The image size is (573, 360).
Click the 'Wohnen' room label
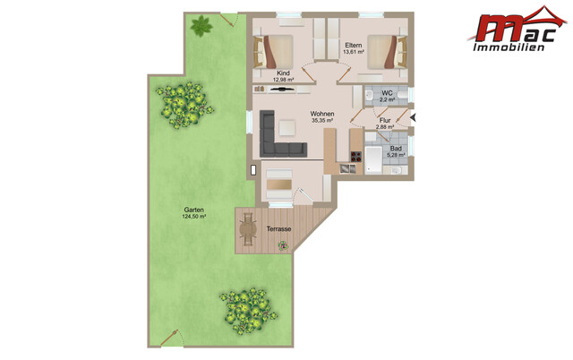click(322, 114)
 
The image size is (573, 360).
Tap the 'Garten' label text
click(193, 210)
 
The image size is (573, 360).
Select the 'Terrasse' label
click(278, 230)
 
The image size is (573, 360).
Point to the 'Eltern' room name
click(353, 45)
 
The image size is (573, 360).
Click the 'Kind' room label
click(284, 73)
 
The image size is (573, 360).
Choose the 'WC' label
click(387, 93)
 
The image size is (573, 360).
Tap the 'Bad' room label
click(395, 148)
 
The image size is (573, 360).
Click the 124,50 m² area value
click(193, 217)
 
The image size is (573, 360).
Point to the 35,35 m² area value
click(322, 121)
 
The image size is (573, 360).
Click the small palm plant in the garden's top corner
click(201, 26)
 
